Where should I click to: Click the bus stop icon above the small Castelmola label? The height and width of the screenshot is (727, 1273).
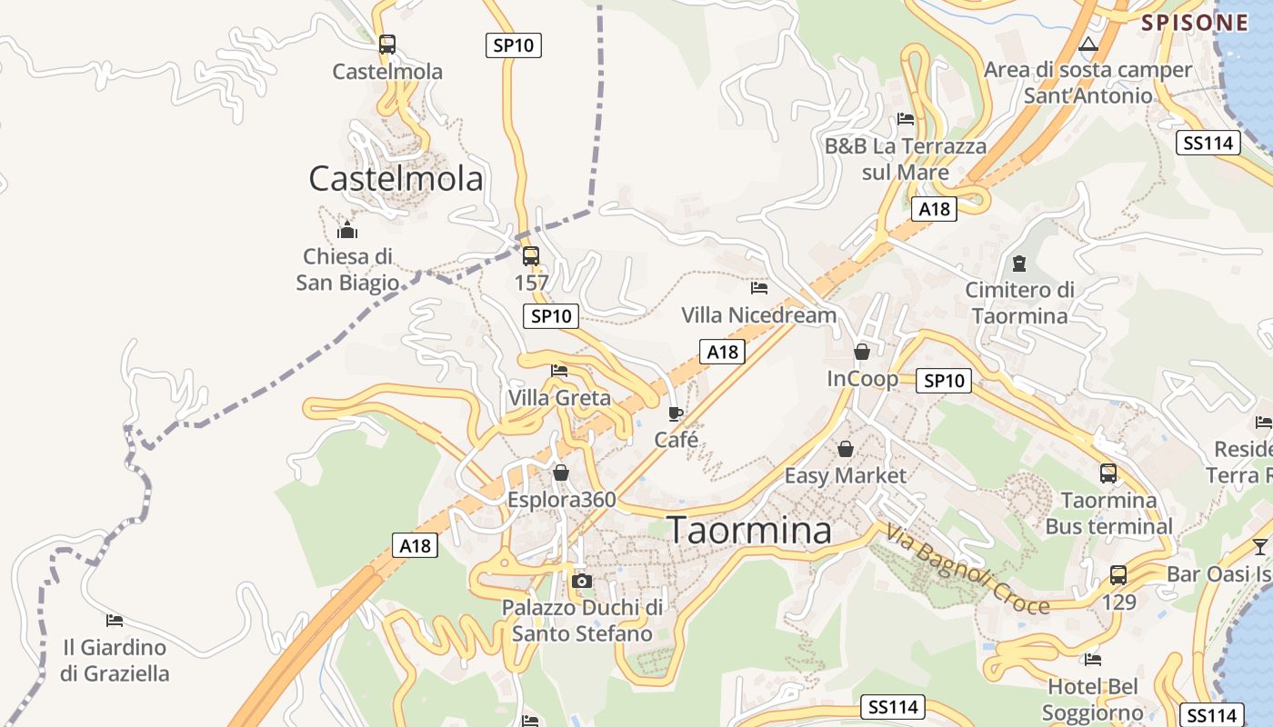[x=387, y=44]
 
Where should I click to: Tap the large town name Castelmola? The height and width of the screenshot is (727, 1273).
[x=396, y=178]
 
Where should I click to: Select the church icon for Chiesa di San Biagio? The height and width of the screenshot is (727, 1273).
[x=347, y=229]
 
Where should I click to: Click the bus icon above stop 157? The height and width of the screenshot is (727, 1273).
[x=531, y=255]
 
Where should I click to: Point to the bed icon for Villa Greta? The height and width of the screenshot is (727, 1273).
[x=559, y=371]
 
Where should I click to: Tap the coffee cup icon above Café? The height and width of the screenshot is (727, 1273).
[x=676, y=413]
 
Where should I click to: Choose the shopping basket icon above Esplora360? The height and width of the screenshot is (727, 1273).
[x=561, y=473]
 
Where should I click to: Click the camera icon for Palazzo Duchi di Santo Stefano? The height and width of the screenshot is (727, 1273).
[x=583, y=581]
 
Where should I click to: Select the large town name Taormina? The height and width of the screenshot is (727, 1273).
[x=749, y=531]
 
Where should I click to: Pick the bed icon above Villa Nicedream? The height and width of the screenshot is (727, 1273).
[x=759, y=288]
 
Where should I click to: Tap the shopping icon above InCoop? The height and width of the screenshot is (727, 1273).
[x=862, y=351]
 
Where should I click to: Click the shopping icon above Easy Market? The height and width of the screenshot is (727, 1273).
[x=846, y=449]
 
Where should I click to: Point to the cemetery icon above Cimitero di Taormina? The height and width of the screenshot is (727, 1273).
[x=1019, y=264]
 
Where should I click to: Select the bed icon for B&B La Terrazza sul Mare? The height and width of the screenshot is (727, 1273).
[x=905, y=118]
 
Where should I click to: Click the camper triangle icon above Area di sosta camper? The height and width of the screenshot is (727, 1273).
[x=1088, y=44]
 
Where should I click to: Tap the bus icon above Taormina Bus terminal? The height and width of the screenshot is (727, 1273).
[x=1108, y=473]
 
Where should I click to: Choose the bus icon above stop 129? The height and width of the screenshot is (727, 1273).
[x=1118, y=575]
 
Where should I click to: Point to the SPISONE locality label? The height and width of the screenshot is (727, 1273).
[x=1195, y=23]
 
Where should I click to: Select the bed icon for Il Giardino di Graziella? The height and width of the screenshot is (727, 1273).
[x=115, y=621]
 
